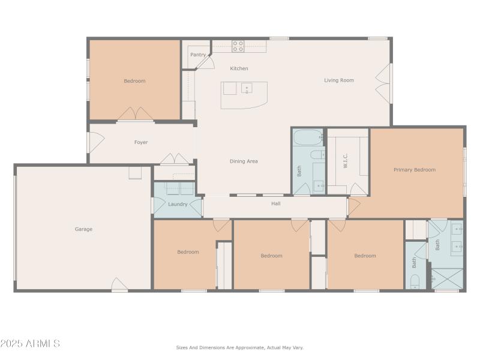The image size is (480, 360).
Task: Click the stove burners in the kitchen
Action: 238,46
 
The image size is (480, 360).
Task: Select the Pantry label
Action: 197,55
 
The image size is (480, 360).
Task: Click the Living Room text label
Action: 339,80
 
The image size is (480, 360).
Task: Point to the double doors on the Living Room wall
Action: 382,82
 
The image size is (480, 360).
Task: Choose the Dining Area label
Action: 244,161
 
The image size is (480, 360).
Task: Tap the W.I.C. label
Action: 346,161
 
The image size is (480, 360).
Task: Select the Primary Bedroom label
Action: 414,170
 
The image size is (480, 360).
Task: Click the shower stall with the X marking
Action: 446,279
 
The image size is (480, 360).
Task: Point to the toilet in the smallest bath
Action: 415,281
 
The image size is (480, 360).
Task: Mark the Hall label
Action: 275,203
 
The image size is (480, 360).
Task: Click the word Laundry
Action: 178,204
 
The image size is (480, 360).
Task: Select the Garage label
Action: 83,229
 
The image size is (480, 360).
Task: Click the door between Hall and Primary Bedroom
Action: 353,206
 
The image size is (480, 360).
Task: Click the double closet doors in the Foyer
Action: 175,159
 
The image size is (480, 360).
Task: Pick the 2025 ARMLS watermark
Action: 30,344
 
